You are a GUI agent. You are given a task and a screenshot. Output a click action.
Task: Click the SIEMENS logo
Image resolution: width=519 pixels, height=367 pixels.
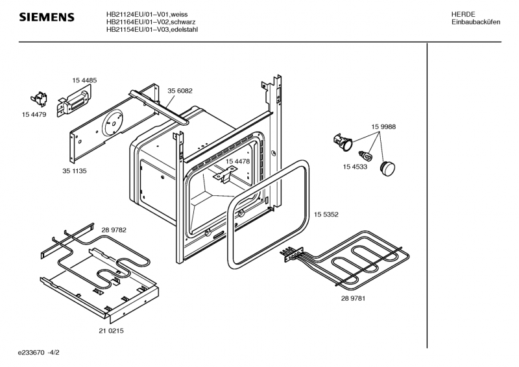coord(47,17)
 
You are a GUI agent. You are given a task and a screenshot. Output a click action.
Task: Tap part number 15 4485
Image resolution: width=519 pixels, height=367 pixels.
coord(84,80)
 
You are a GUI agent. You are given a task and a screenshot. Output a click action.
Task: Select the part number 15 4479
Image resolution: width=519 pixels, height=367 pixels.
coord(34,115)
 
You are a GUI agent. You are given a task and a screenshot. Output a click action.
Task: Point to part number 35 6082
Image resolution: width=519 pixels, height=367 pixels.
coord(180,91)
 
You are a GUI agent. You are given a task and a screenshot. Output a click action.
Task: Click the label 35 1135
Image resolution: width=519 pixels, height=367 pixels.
coord(75,171)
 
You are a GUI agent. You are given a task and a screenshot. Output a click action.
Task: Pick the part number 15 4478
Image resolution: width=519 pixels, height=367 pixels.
coord(237,161)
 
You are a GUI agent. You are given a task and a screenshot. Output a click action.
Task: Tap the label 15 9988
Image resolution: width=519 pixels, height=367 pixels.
coord(383,126)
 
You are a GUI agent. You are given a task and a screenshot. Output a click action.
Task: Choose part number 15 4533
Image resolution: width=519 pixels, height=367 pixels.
coord(355,167)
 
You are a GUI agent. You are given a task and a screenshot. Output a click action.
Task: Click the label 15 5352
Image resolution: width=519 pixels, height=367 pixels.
coord(326,215)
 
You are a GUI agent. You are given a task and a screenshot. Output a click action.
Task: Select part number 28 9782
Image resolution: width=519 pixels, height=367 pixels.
coord(114,230)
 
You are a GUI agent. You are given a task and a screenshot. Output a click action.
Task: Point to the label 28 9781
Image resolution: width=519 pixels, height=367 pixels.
coord(353,298)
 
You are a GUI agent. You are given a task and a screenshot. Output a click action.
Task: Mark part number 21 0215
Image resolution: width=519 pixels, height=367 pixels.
coord(111,331)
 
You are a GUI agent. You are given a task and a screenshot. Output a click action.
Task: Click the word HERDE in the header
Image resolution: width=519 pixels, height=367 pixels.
coord(463,14)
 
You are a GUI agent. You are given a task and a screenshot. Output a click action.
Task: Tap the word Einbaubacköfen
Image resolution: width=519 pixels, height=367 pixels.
coord(476,22)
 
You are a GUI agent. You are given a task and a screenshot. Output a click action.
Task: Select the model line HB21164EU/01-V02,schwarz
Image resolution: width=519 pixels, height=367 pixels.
coord(151,22)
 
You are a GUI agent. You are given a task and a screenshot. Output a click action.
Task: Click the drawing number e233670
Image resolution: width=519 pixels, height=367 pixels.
coord(31,353)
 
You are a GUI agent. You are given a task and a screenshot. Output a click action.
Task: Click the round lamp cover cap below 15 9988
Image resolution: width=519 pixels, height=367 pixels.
coord(387,169)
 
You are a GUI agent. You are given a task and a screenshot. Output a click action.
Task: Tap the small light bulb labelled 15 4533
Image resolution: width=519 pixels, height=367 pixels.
coord(366,155)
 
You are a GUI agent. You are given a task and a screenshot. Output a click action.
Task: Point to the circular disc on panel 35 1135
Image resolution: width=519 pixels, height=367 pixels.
coord(112,123)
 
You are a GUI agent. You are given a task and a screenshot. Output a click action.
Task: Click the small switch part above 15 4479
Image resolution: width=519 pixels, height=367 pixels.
coord(39,99)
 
